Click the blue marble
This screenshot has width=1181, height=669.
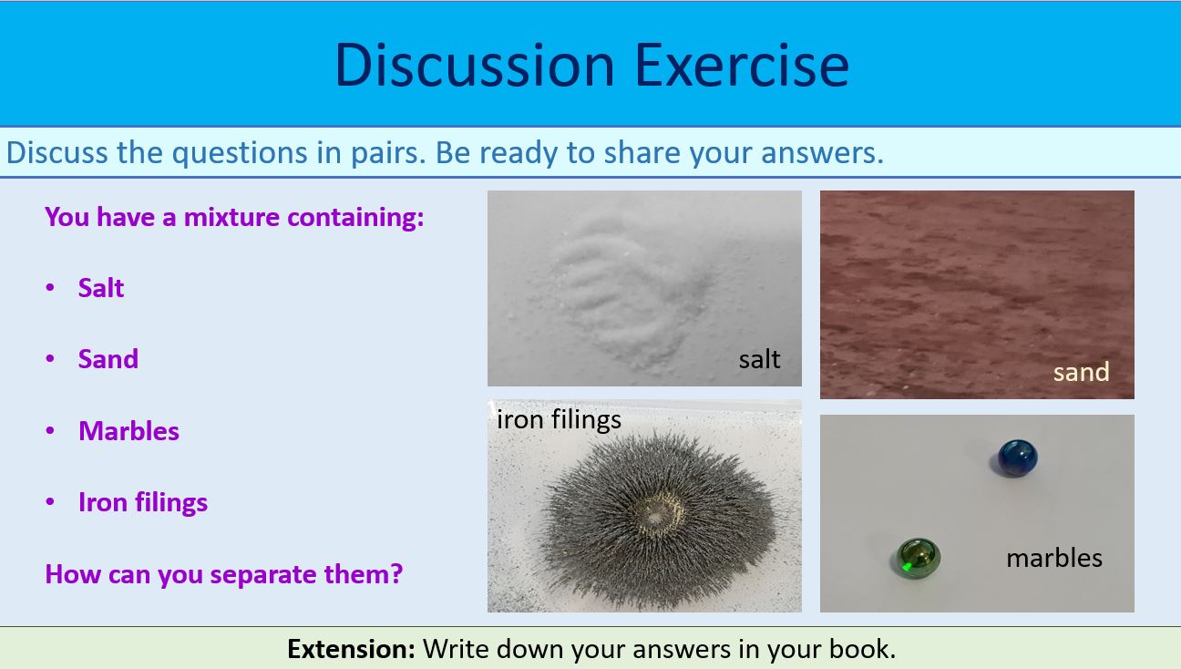1014,457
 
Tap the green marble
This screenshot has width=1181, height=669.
915,557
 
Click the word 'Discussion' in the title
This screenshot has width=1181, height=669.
475,65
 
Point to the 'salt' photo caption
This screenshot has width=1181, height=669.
759,359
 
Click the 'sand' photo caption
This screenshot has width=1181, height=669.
1081,372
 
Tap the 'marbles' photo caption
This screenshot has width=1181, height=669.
1053,558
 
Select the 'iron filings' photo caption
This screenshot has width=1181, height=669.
559,419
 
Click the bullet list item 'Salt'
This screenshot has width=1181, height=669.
101,288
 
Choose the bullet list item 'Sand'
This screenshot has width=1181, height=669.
108,359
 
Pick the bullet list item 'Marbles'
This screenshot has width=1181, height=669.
128,431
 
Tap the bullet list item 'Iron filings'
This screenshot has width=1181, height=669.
143,502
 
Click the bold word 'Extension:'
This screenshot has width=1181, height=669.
351,649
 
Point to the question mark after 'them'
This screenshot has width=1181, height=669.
396,574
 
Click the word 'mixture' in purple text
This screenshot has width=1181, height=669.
232,217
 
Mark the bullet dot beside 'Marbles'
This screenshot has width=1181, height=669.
50,431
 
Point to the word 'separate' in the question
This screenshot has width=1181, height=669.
265,575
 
